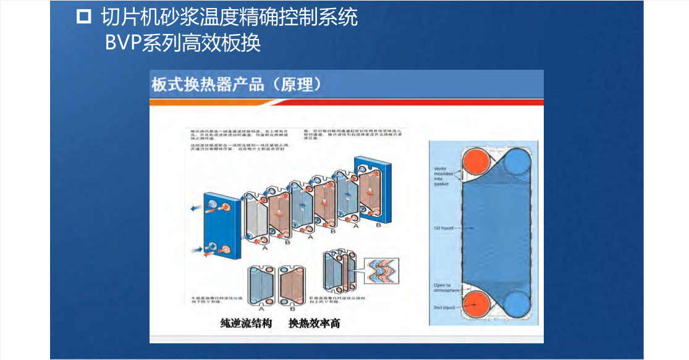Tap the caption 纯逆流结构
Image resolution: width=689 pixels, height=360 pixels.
coord(246,323)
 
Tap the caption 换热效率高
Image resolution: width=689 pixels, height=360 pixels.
coord(315,323)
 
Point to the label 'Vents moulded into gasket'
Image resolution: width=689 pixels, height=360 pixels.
coord(443,175)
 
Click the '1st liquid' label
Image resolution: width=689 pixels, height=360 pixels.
coord(443,228)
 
